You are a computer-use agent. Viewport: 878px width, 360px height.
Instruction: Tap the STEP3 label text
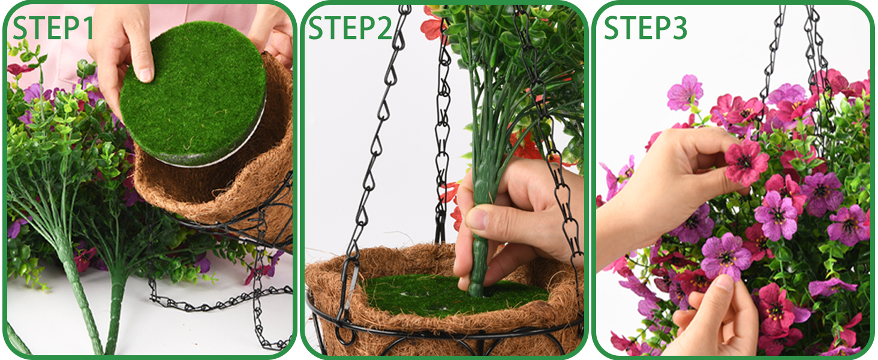pyautogui.click(x=645, y=28)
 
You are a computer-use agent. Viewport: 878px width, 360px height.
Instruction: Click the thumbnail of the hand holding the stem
pyautogui.click(x=477, y=219)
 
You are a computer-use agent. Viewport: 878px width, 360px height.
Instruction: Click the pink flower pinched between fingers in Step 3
pyautogui.click(x=745, y=161)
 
